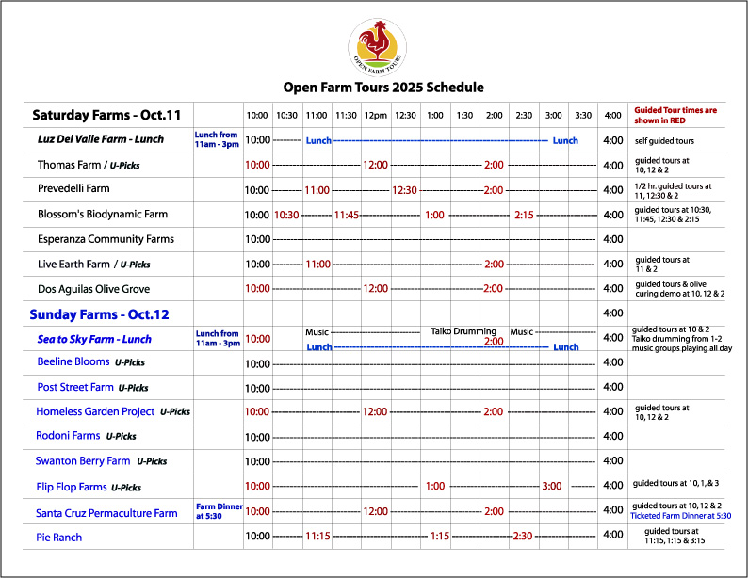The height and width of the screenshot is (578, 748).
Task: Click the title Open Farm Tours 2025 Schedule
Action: tap(383, 88)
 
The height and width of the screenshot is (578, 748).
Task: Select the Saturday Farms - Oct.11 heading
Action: tap(106, 116)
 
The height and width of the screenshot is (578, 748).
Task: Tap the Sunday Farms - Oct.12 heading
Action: tap(99, 313)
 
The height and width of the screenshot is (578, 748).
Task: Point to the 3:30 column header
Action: tap(583, 116)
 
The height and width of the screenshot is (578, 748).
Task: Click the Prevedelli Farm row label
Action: tap(73, 189)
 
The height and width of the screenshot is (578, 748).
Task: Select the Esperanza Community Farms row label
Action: tap(106, 239)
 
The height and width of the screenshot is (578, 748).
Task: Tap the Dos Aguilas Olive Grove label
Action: tap(93, 289)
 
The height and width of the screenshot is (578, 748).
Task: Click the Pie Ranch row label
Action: tap(59, 538)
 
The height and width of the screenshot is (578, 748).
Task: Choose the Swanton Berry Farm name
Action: tap(83, 461)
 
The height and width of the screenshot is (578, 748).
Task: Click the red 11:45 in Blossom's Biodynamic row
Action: tap(346, 215)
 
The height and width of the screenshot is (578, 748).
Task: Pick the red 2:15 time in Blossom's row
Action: tap(524, 215)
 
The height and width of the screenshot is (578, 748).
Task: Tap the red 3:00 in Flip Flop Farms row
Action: tap(553, 486)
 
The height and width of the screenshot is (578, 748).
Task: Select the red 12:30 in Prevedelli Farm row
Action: tap(405, 190)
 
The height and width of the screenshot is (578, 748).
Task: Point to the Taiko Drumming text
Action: tap(463, 331)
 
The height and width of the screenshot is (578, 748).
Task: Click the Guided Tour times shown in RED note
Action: tap(675, 115)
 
